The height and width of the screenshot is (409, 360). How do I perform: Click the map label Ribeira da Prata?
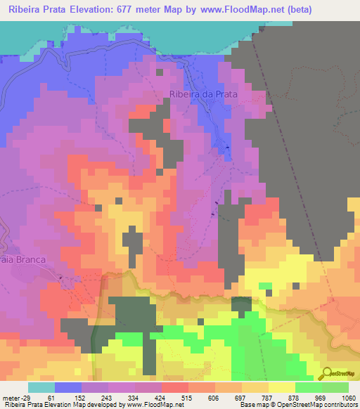[x=202, y=93]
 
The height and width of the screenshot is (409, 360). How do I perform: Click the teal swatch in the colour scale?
[x=41, y=387]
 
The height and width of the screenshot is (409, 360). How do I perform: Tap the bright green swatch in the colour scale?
[x=309, y=387]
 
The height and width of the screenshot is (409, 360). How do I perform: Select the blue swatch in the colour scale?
[x=68, y=387]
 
